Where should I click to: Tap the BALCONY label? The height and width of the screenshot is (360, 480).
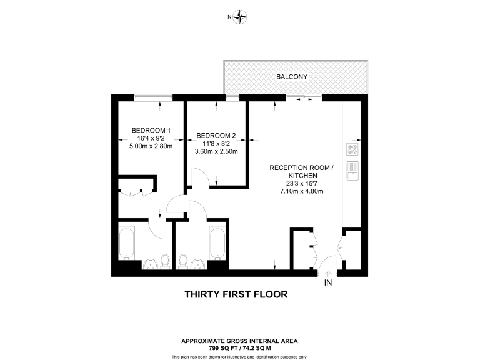[292, 77]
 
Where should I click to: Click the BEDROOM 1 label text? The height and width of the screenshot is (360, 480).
[151, 130]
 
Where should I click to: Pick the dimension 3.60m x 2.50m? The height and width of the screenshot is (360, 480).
[216, 151]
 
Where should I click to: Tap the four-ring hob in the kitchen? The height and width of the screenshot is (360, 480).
[352, 149]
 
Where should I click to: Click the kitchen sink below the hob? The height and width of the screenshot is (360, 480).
[352, 169]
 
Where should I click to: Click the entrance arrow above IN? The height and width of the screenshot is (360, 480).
[328, 272]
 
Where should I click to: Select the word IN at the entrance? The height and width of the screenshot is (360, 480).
[328, 283]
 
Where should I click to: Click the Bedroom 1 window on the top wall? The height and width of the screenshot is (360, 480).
[153, 97]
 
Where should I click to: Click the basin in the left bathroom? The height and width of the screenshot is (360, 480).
[151, 264]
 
